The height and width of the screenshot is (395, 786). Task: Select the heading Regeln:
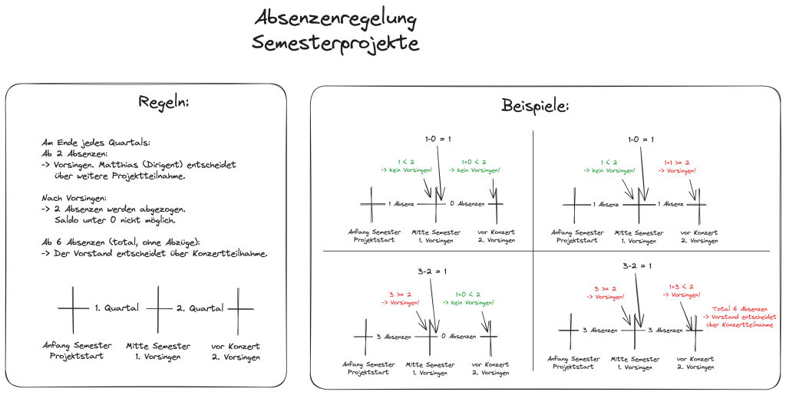pos(163,102)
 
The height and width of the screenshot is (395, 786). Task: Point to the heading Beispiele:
pos(535,106)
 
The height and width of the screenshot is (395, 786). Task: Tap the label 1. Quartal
pos(117,308)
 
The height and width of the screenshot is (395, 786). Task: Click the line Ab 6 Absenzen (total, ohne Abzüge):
pos(122,242)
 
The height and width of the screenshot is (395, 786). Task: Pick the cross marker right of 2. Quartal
pos(239,308)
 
